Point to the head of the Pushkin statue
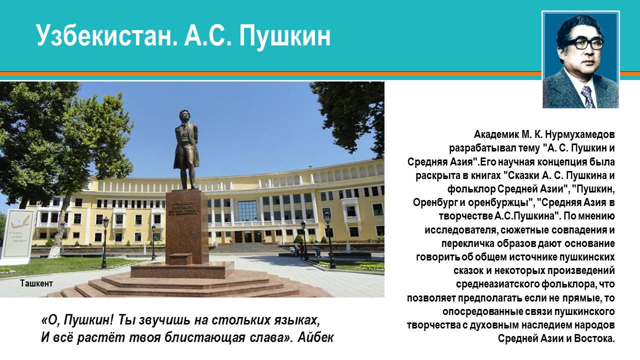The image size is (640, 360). [183, 116]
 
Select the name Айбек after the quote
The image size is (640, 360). [315, 337]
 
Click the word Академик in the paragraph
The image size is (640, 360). [493, 134]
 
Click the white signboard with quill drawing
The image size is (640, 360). [17, 235]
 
